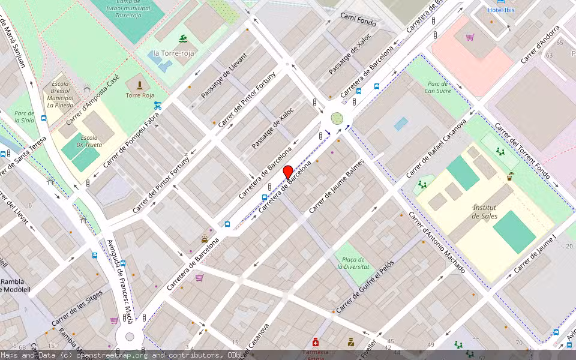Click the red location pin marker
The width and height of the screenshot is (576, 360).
(x=288, y=172)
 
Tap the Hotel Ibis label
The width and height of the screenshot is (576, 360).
(x=502, y=10)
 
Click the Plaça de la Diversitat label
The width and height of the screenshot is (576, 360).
(x=352, y=262)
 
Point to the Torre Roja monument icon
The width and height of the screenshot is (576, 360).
(x=140, y=85)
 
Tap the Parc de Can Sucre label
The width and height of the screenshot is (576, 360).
(x=437, y=87)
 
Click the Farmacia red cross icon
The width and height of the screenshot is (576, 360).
(x=316, y=342)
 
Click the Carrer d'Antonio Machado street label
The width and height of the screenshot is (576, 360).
(x=436, y=242)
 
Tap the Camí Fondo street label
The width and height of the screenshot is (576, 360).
(x=358, y=20)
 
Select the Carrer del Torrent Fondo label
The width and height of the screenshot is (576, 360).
(x=521, y=151)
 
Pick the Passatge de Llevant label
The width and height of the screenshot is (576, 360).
(x=220, y=83)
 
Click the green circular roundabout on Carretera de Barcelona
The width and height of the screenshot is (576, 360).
(x=337, y=118)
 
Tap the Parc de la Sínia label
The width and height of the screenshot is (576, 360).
(x=24, y=116)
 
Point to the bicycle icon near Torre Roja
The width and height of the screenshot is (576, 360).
(x=158, y=106)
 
